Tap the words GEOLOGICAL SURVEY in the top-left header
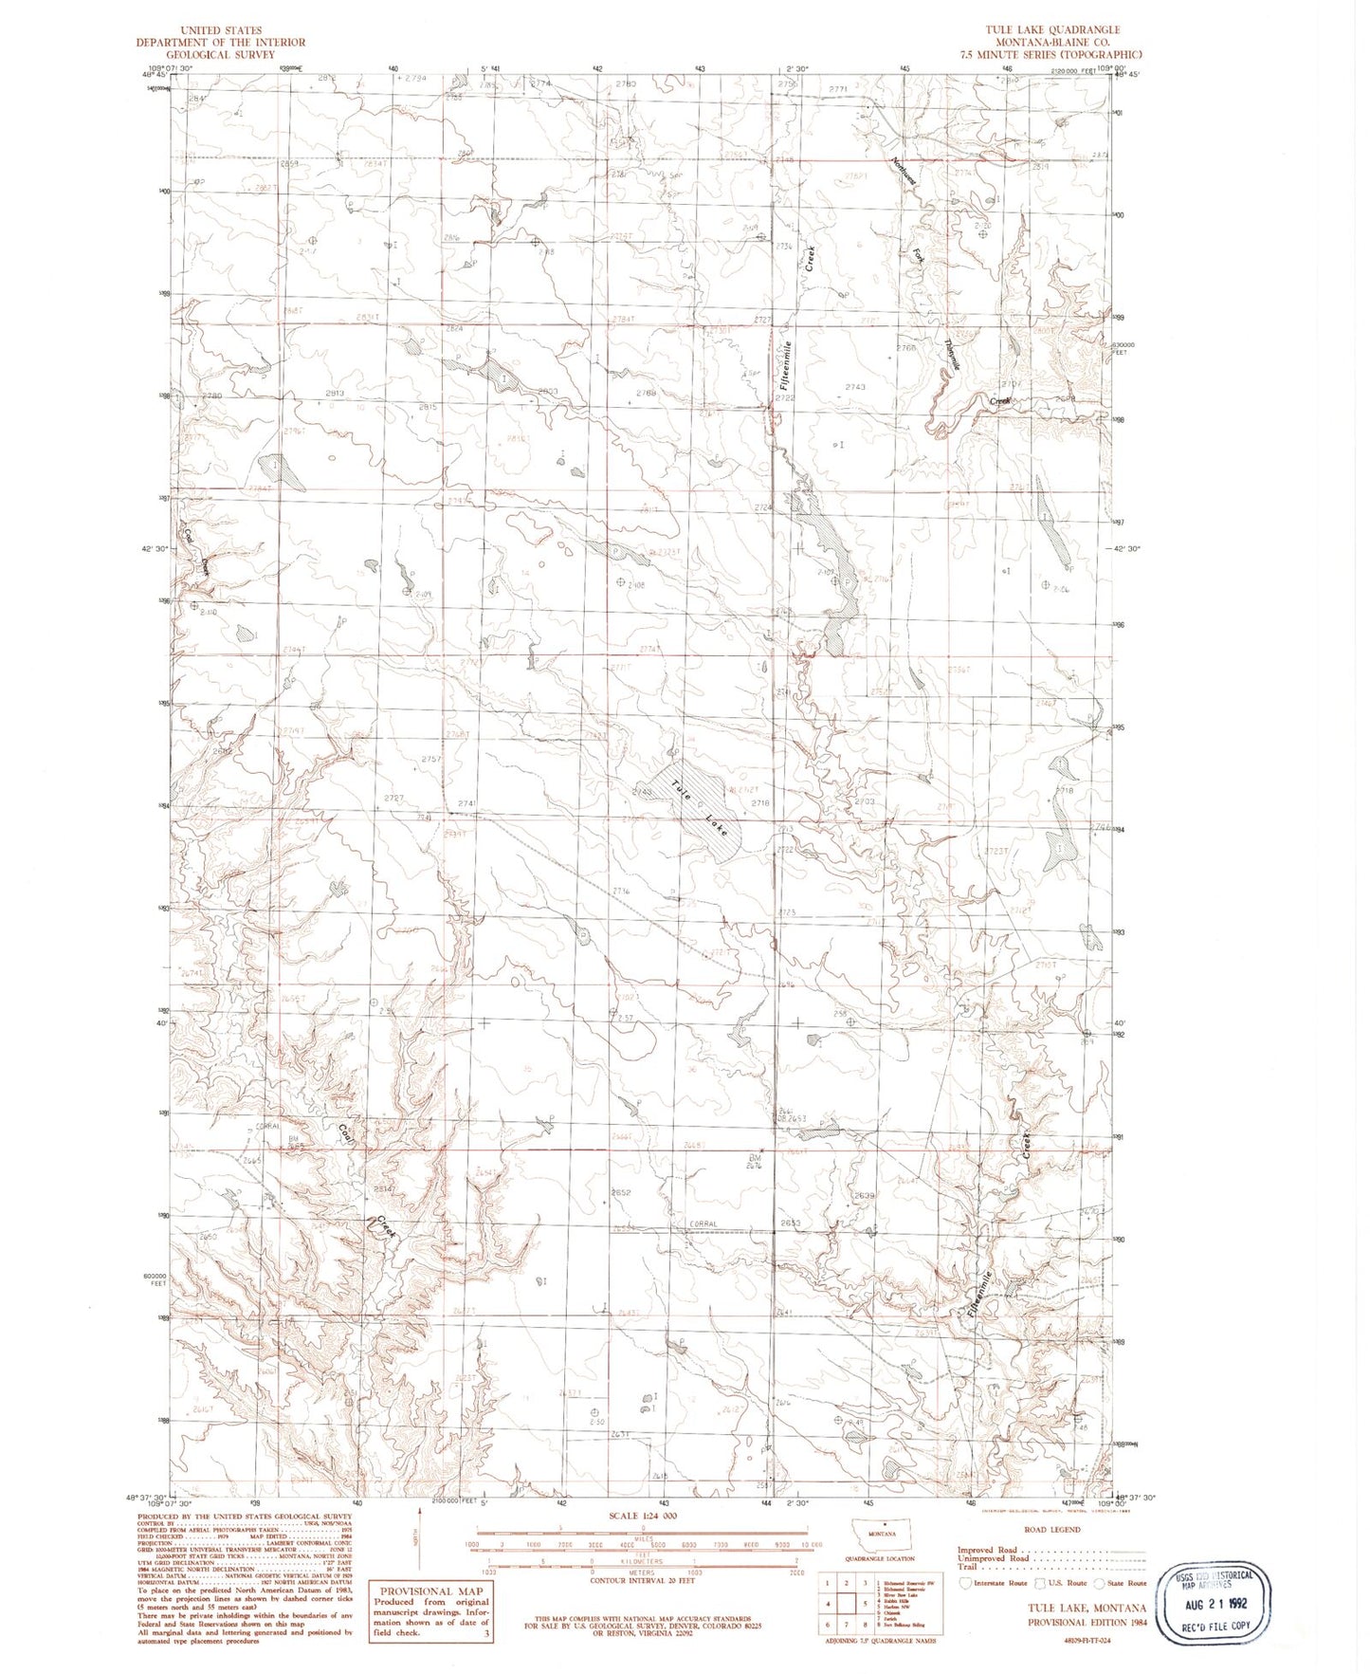point(220,54)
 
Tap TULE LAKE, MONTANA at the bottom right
point(1087,1608)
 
